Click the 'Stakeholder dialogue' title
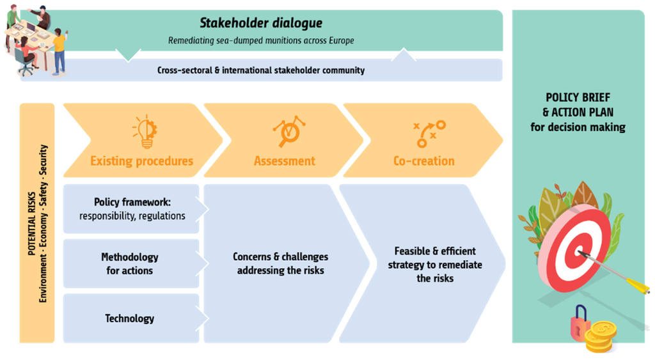(261, 23)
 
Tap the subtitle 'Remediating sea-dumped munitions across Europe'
(261, 40)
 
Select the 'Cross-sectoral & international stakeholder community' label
(261, 70)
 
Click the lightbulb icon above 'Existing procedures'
(145, 131)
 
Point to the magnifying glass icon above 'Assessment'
(289, 131)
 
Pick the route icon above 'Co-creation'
(429, 134)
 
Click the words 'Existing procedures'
(141, 161)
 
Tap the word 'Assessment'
(285, 161)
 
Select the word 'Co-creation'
(424, 161)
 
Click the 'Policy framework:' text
(132, 203)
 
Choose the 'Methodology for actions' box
(131, 263)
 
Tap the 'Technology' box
(131, 318)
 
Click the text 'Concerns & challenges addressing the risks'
(280, 263)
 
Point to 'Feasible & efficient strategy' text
(435, 258)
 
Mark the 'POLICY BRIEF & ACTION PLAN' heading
(578, 105)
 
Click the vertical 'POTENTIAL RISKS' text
(32, 224)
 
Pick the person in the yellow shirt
(59, 51)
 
